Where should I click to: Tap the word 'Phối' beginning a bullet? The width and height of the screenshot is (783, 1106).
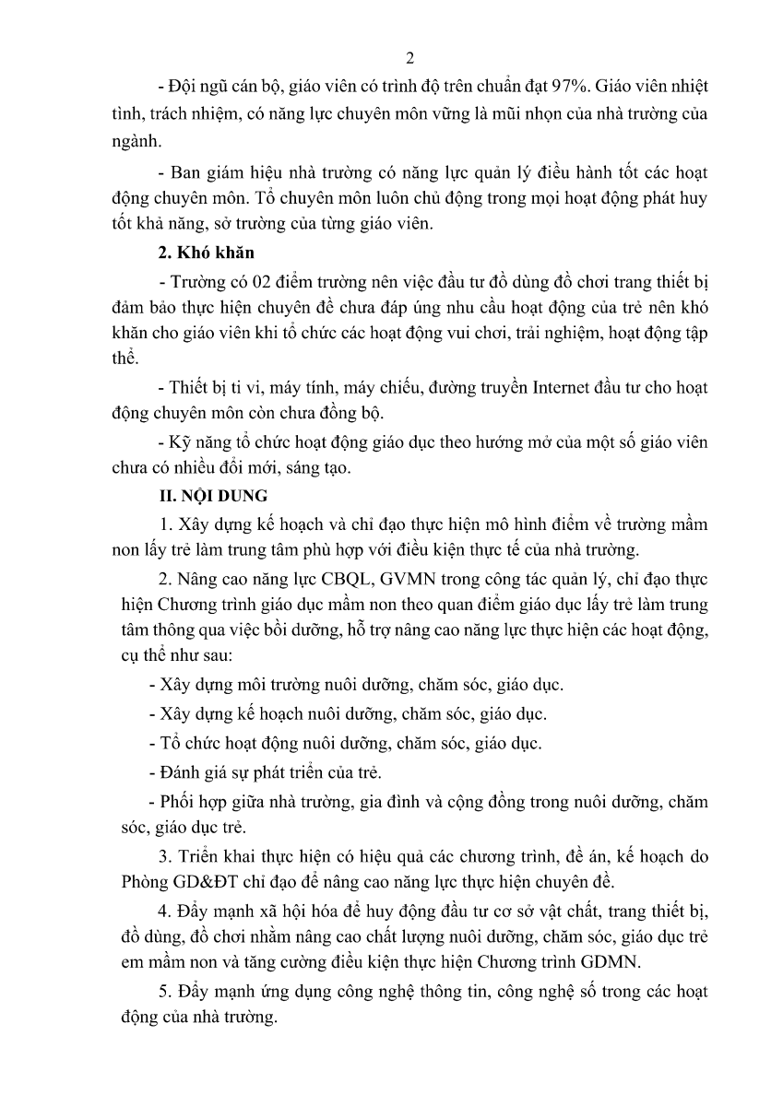click(x=177, y=801)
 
